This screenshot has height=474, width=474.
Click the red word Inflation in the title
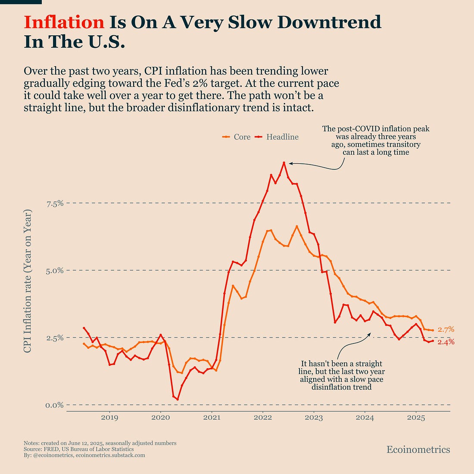tap(64, 22)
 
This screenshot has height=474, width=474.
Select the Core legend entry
tap(242, 137)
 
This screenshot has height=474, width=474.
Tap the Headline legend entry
tap(282, 137)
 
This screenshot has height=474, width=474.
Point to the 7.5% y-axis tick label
tap(55, 203)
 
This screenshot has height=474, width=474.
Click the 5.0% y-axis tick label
tap(55, 271)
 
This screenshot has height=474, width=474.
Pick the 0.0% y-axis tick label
tap(55, 405)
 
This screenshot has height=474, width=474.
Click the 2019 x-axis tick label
tap(109, 418)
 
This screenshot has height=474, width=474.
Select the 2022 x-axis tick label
tap(262, 418)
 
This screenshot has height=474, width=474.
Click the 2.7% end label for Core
tap(446, 330)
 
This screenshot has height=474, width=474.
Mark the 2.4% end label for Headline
tap(446, 342)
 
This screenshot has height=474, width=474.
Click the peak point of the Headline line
tap(284, 163)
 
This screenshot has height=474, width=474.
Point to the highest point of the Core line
tap(296, 226)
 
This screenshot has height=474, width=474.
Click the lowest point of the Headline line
tap(177, 399)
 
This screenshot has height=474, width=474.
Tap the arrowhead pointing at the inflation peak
tap(290, 163)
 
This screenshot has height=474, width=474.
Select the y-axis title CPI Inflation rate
tap(28, 281)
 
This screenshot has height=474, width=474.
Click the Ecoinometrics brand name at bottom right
tap(418, 450)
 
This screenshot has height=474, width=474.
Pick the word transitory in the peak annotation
tap(402, 144)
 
